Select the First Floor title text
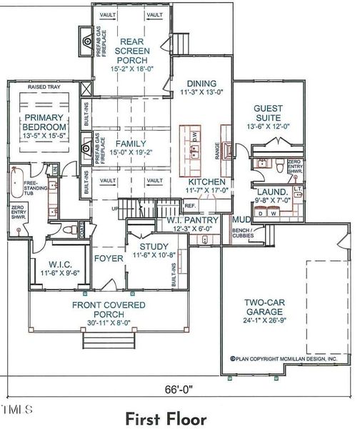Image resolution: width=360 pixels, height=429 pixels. (x=166, y=417)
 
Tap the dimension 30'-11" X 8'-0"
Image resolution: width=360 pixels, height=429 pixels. (x=109, y=321)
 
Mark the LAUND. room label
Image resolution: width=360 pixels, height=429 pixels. (x=273, y=192)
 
